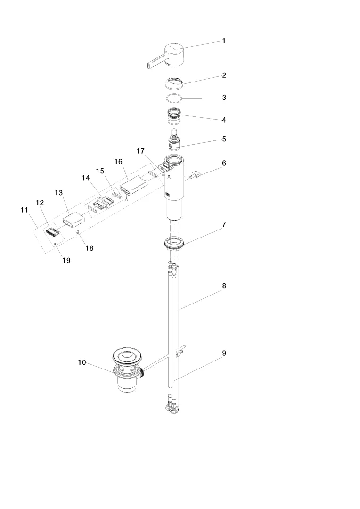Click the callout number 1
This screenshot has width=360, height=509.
pyautogui.click(x=224, y=41)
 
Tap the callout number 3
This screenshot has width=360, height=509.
pyautogui.click(x=224, y=98)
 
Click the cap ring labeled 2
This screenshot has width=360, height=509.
pyautogui.click(x=175, y=83)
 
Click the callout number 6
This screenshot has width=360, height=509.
pyautogui.click(x=224, y=164)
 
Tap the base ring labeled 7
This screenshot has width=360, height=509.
pyautogui.click(x=175, y=243)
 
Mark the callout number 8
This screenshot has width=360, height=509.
pyautogui.click(x=224, y=286)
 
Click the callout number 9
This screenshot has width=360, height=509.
pyautogui.click(x=224, y=353)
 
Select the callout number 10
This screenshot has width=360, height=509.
pyautogui.click(x=82, y=362)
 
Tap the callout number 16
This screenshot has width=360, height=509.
pyautogui.click(x=118, y=161)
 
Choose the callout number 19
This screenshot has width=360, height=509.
pyautogui.click(x=66, y=260)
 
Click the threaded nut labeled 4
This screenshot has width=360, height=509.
pyautogui.click(x=175, y=115)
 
